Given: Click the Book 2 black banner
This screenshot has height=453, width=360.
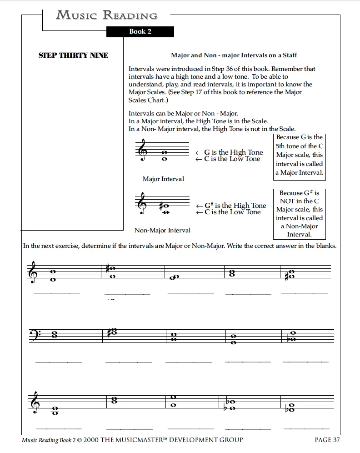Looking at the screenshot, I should pyautogui.click(x=140, y=31).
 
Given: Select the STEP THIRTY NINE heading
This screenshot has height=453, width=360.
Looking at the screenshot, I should pyautogui.click(x=73, y=55).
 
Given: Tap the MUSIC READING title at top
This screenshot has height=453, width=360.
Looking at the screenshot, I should pyautogui.click(x=107, y=15).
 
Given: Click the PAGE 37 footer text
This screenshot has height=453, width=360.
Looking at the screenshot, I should pyautogui.click(x=327, y=440).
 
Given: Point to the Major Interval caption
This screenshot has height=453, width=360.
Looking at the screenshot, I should pyautogui.click(x=163, y=179).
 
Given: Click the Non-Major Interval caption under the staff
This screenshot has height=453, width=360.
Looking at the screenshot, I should pyautogui.click(x=162, y=231).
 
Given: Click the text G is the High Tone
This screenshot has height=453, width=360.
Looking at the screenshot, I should pyautogui.click(x=232, y=152).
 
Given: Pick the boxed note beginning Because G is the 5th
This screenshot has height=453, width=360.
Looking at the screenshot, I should pyautogui.click(x=299, y=155).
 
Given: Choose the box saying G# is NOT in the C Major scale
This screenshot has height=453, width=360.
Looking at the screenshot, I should pyautogui.click(x=299, y=214).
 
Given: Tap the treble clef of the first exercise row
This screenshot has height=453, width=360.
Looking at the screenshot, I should pyautogui.click(x=33, y=272).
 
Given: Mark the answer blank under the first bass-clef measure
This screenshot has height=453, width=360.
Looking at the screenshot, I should pyautogui.click(x=59, y=362).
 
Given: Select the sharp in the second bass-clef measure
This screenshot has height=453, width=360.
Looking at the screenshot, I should pyautogui.click(x=109, y=332).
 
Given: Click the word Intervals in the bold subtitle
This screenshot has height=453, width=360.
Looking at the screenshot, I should pyautogui.click(x=242, y=55).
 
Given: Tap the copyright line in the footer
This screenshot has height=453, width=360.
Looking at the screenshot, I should pyautogui.click(x=132, y=440).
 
